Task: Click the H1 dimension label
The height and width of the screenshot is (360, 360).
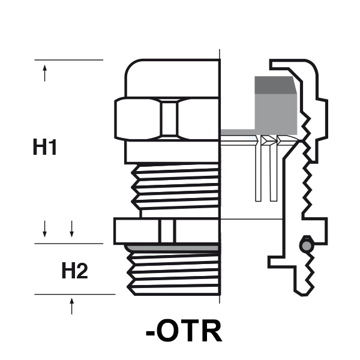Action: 45,147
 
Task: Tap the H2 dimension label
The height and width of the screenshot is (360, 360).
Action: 75,272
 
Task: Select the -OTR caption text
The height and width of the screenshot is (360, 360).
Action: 184,331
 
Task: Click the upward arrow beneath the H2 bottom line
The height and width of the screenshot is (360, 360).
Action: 72,305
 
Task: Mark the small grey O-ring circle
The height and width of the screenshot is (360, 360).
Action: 306,246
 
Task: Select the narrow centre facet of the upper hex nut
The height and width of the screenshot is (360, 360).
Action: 170,119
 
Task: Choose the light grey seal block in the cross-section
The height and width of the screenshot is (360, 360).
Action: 276,114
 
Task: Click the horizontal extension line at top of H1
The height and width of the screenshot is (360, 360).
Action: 69,60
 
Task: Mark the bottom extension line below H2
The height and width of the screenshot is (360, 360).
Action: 75,295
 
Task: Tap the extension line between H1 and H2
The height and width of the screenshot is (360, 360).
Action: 69,243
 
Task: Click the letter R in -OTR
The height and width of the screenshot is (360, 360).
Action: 212,331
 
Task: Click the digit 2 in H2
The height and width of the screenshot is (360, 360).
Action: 82,272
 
